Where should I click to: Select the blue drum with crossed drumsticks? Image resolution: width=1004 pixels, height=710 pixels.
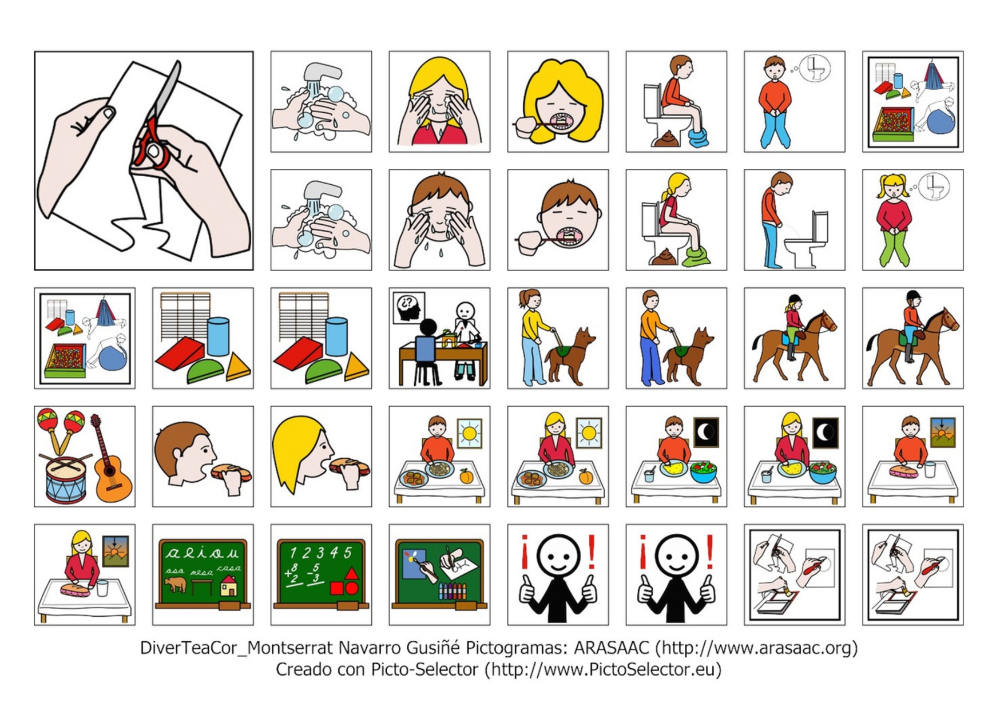click(x=66, y=478)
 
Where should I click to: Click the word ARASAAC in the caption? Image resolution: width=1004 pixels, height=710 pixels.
click(x=611, y=648)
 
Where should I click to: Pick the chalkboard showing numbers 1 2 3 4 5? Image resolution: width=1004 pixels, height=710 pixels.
click(x=321, y=574)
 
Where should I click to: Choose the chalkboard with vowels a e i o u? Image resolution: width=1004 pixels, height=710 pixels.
click(x=203, y=574)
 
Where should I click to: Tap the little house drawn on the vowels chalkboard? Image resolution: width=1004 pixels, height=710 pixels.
click(x=228, y=586)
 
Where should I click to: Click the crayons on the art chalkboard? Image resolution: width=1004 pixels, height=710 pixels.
click(x=452, y=591)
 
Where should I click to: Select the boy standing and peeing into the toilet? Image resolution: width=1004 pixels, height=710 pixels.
click(x=775, y=220)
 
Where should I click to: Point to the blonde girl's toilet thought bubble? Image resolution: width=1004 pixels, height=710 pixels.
click(x=934, y=186)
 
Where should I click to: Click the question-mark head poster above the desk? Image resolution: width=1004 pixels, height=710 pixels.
click(x=408, y=307)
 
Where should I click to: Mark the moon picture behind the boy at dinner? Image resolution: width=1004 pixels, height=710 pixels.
click(x=706, y=432)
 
